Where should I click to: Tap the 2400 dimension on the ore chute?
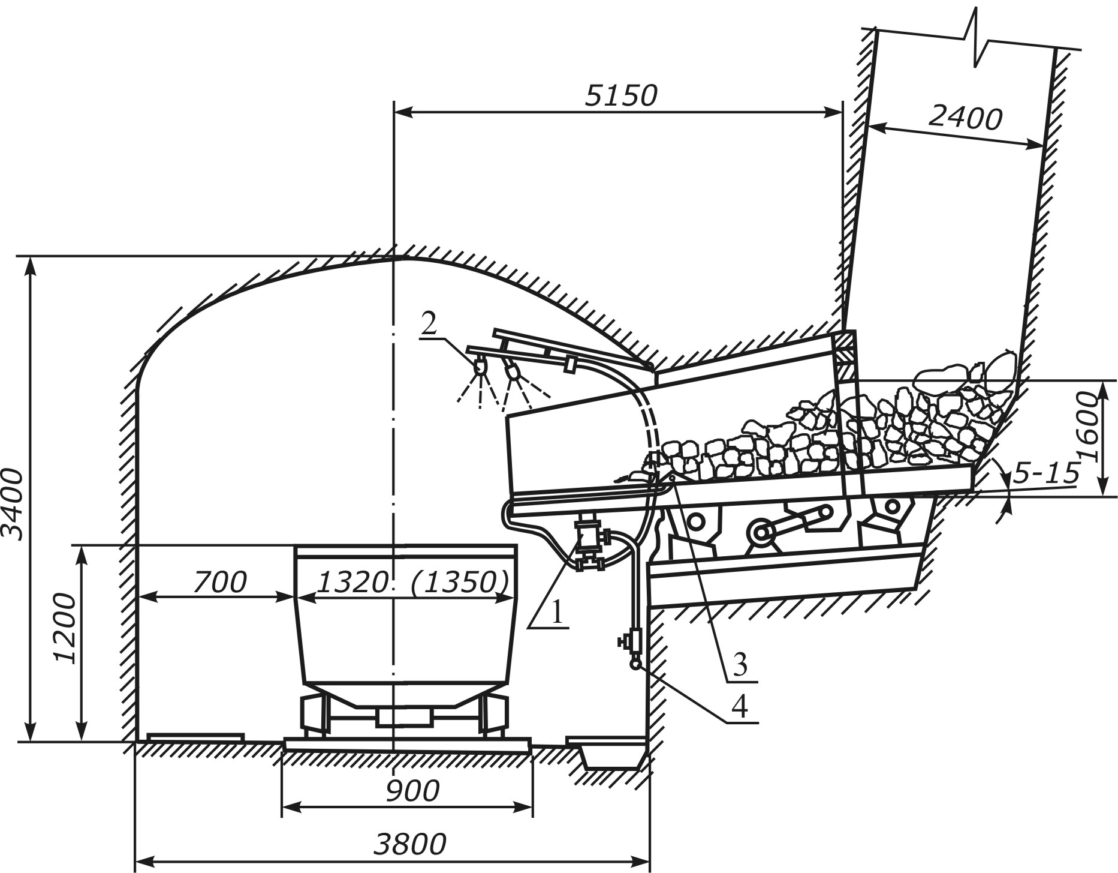click(x=965, y=118)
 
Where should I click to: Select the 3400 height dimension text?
click(x=13, y=505)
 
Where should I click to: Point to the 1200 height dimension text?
click(x=65, y=628)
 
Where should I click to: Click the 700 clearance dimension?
click(x=220, y=582)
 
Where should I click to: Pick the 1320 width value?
click(x=352, y=582)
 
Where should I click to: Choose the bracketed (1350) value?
click(x=460, y=582)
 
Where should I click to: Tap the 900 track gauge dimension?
click(x=412, y=791)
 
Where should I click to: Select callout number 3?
click(x=740, y=665)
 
